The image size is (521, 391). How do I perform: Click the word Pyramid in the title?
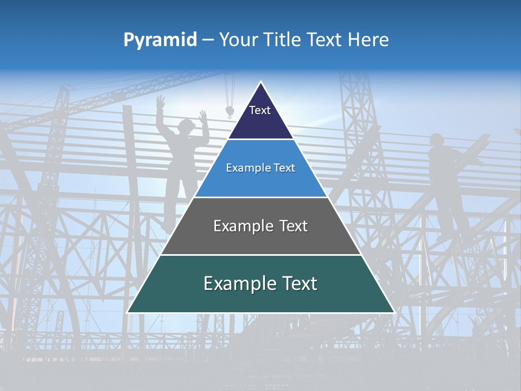[x=160, y=40]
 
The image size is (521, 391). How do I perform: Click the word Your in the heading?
[x=239, y=40]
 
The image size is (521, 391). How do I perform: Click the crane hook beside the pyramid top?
[x=230, y=111]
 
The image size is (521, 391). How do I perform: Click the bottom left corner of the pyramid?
[x=127, y=313]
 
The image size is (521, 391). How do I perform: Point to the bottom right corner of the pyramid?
[x=394, y=313]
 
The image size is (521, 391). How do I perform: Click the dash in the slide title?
[x=207, y=40]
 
